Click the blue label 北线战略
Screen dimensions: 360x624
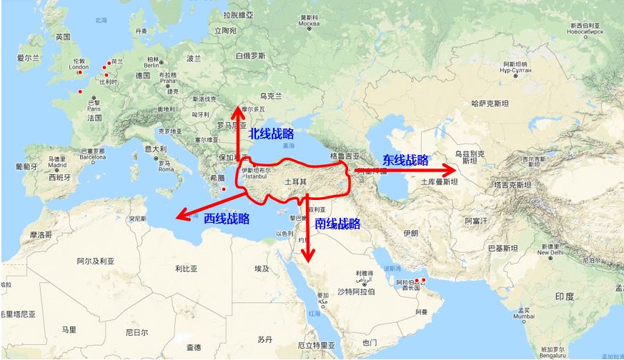coord(271,134)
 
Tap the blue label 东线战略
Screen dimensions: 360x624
coord(405,160)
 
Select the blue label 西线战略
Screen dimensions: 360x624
coord(227,219)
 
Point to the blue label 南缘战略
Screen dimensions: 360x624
coord(337,224)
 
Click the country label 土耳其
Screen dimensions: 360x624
coord(296,182)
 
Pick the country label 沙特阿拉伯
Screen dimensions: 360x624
coord(355,292)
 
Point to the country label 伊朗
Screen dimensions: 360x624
coord(411,234)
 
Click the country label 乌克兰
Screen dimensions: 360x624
coord(271,96)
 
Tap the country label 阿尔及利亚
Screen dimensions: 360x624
coord(96,261)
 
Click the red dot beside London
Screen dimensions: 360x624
coord(80,72)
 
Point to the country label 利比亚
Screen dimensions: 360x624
coord(186,269)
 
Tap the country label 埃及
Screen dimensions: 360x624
coord(262,269)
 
